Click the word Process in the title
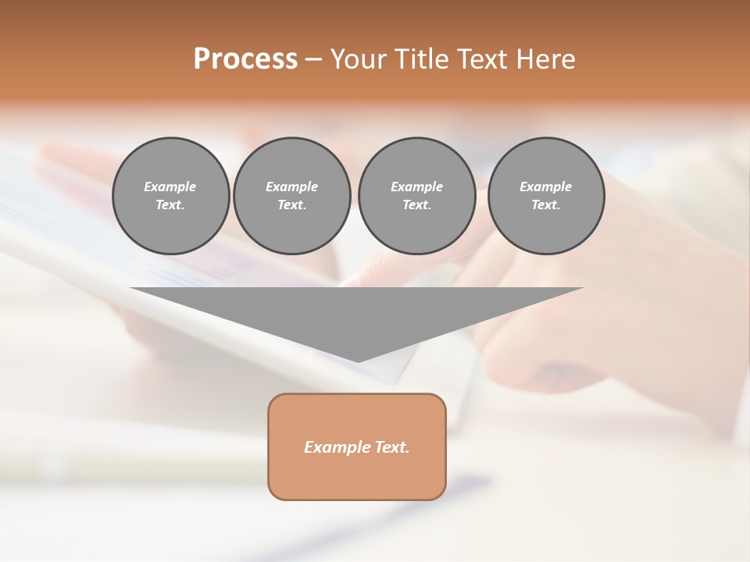245,59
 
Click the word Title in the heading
419,59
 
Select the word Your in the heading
357,59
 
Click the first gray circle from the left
170,196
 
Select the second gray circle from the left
291,196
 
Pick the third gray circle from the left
416,196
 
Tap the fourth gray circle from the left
545,196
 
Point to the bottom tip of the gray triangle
357,361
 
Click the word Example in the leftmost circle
170,187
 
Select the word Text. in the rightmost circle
545,205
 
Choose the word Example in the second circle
291,187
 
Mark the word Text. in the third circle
416,205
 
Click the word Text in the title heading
481,59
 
